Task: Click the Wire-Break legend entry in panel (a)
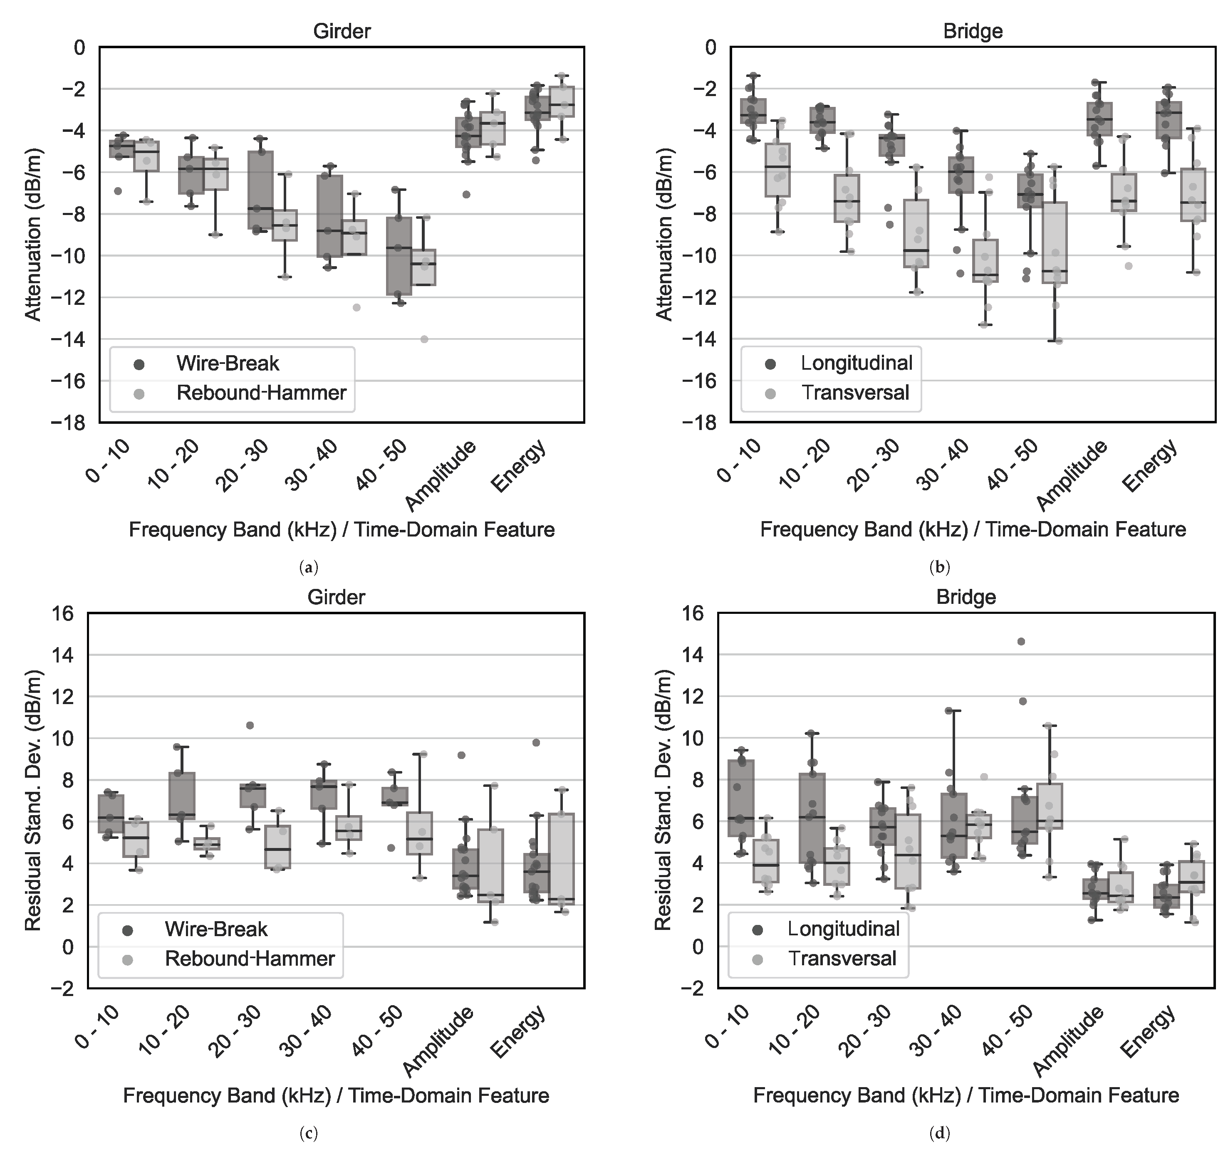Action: [x=227, y=363]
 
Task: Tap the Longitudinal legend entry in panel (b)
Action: [x=856, y=363]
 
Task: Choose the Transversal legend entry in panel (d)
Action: [x=841, y=959]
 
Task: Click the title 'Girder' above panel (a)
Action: [x=342, y=31]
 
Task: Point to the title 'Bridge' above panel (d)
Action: [x=966, y=597]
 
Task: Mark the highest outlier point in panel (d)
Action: [x=1021, y=642]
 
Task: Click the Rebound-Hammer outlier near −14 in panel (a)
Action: [x=424, y=339]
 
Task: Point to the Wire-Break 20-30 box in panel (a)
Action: [x=261, y=190]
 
